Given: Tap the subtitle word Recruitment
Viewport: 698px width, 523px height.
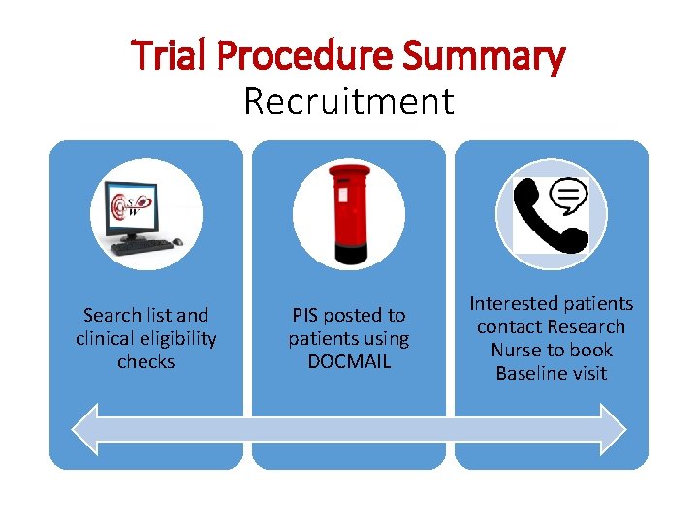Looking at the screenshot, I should click(349, 101).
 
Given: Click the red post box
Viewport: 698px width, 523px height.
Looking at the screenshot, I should click(349, 213).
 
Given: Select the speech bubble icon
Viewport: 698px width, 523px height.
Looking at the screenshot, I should click(569, 197).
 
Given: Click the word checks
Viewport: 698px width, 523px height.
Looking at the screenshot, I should click(146, 361).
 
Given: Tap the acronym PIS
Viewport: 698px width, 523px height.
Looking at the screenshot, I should click(304, 315).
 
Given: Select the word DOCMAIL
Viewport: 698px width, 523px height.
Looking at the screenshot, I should click(349, 361).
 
